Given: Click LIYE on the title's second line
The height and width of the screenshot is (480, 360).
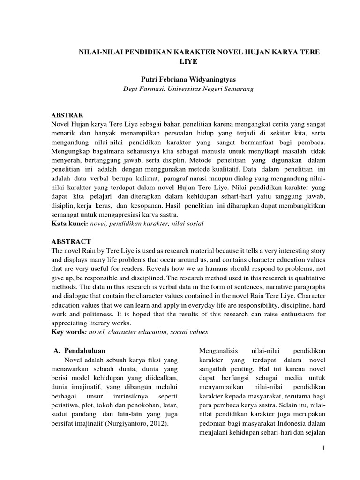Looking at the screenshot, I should coord(189,61).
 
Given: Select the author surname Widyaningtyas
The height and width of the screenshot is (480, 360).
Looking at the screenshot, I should coord(209,79).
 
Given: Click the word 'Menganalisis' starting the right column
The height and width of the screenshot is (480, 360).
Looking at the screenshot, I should coord(219,350).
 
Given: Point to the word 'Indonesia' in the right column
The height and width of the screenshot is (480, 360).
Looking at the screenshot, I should coord(287,424).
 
